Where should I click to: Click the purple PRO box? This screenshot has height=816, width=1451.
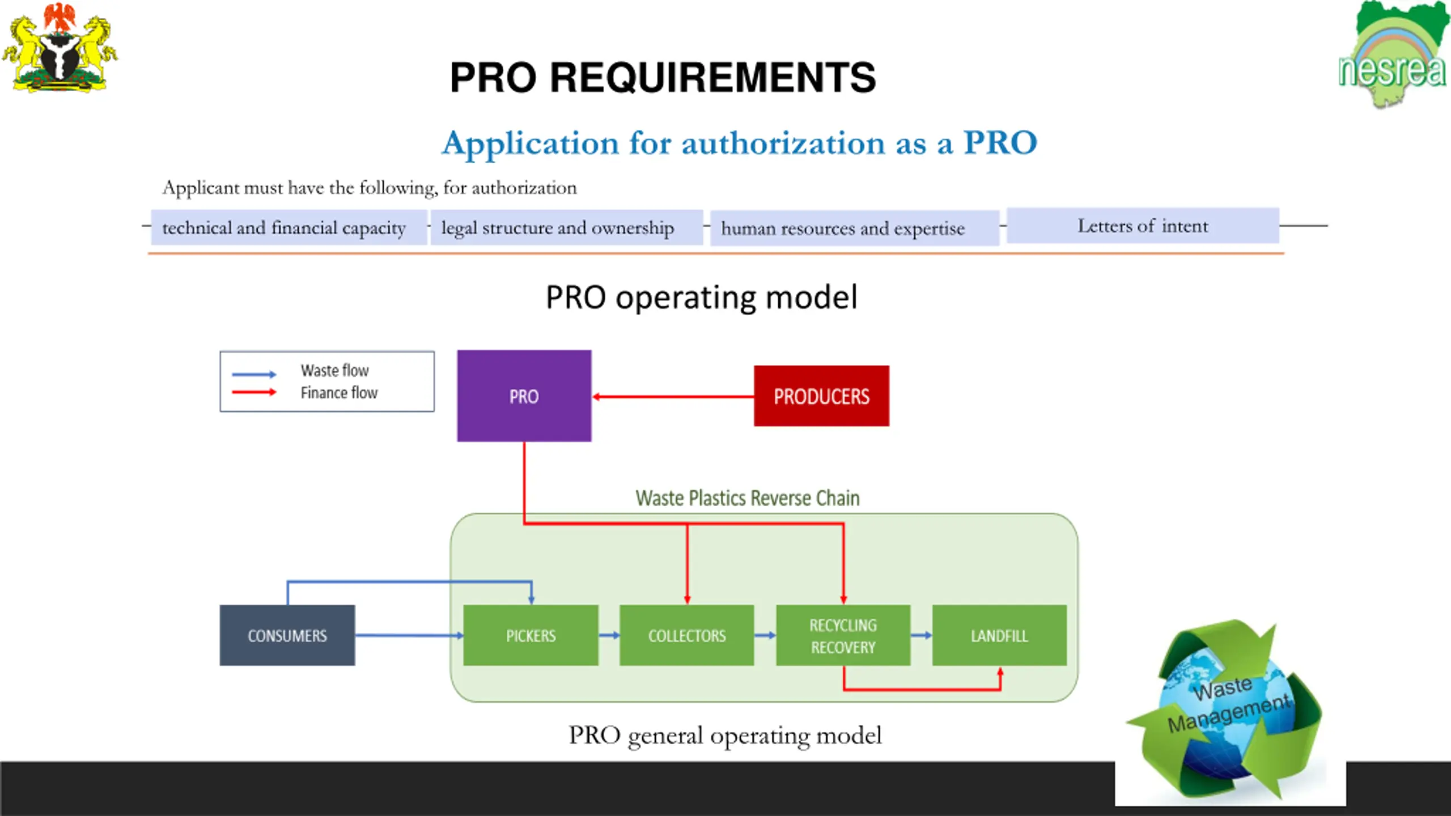(x=524, y=396)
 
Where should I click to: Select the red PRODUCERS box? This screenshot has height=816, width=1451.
(x=821, y=396)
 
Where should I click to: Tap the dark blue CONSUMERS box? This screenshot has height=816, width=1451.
(x=287, y=635)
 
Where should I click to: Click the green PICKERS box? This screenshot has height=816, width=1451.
(x=531, y=635)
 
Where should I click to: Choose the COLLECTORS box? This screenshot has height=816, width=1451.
(x=687, y=635)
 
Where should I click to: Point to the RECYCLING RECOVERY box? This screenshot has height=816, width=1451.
(x=843, y=635)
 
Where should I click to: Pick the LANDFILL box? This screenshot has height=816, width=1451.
(x=1000, y=635)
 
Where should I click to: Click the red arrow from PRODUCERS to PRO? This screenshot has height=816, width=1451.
(x=673, y=397)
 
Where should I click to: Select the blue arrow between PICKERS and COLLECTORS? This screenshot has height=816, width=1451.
(x=609, y=635)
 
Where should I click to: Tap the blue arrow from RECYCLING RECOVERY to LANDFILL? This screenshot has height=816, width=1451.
(x=922, y=635)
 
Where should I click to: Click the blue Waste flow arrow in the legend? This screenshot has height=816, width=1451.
(x=254, y=374)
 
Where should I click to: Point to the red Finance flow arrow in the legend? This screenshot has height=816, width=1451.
(x=254, y=392)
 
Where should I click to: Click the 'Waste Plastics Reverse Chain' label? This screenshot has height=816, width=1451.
(x=748, y=498)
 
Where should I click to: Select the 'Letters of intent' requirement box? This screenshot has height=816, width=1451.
(x=1143, y=226)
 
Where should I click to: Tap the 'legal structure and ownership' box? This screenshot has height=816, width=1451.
(x=567, y=228)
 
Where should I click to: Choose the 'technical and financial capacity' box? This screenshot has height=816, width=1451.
(x=288, y=228)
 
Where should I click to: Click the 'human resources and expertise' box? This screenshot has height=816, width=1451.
(x=855, y=228)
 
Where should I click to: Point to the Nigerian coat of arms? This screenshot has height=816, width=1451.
(x=60, y=48)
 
